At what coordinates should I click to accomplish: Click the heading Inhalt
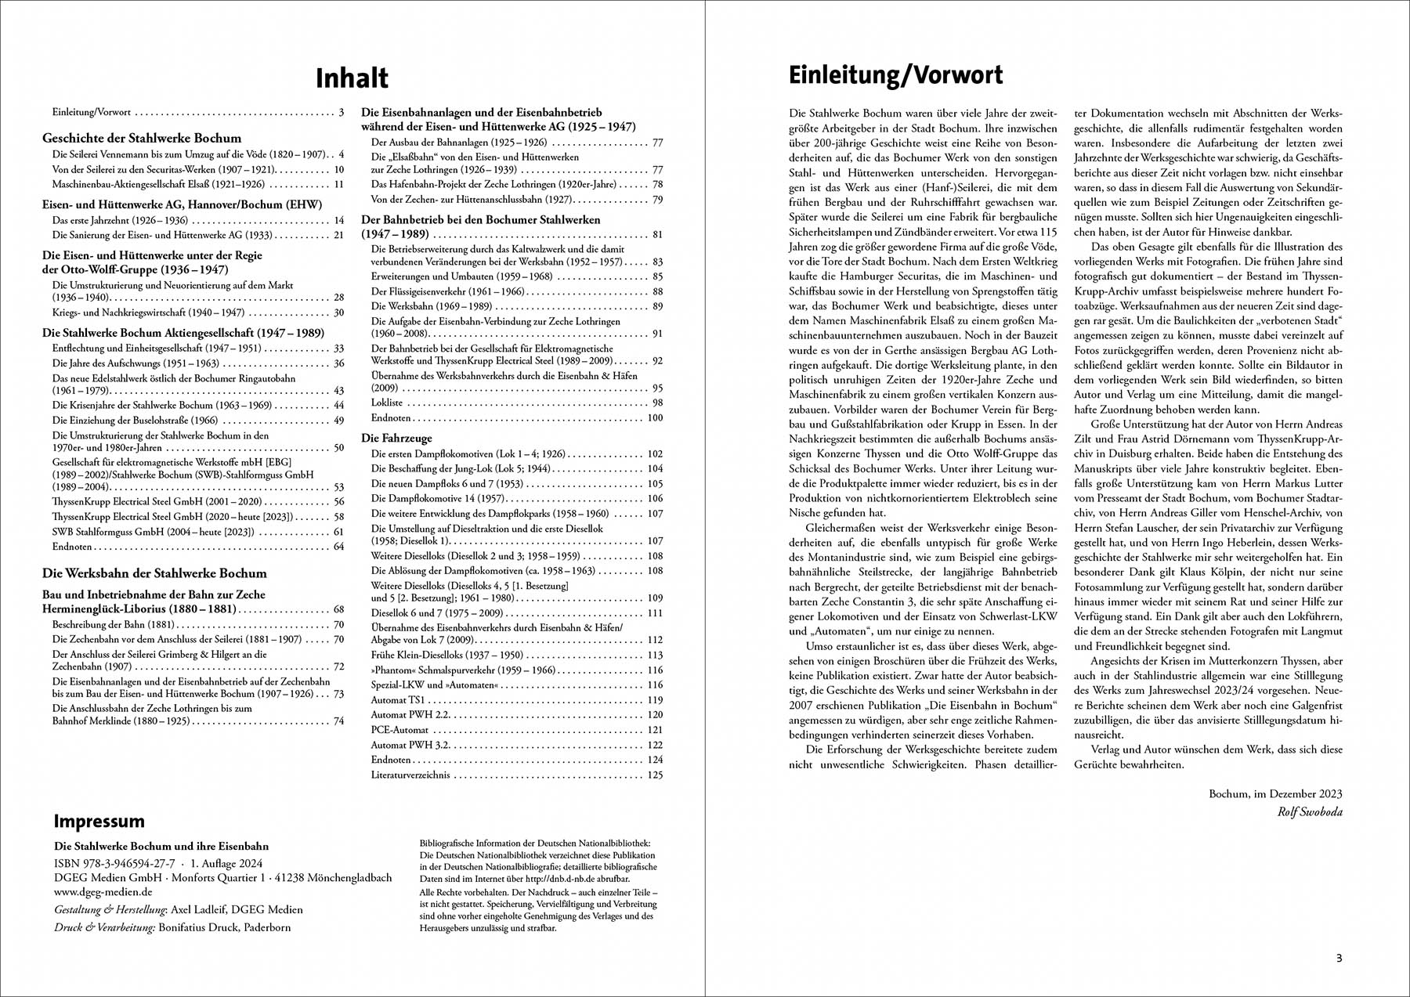pos(352,78)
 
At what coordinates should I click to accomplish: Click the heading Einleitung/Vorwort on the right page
pos(895,75)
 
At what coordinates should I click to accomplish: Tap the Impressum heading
pos(99,822)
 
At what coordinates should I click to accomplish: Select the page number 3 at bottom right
pos(1339,958)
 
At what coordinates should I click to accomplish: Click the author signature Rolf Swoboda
pos(1309,811)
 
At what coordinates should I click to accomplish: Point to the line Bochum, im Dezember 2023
pos(1275,794)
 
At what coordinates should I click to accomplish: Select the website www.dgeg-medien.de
pos(103,891)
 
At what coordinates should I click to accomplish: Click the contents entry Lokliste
pos(387,403)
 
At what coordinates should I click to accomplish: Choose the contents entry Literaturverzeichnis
pos(410,775)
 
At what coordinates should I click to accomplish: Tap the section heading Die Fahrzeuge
pos(396,438)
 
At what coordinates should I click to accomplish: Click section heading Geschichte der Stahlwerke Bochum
pos(142,138)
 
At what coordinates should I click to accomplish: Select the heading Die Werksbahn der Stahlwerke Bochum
pos(154,573)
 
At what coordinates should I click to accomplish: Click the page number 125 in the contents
pos(654,775)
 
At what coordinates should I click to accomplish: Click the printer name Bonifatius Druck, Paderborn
pos(224,927)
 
